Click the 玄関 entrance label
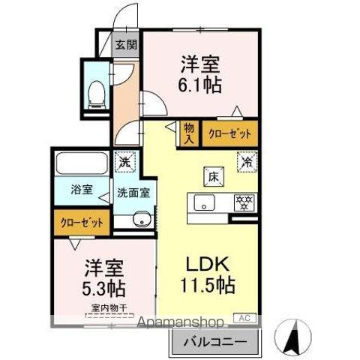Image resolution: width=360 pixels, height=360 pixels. (125, 44)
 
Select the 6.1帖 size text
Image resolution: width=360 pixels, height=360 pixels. (199, 85)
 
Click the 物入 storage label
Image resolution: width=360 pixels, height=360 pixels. (189, 133)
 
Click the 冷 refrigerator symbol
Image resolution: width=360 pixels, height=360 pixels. (245, 159)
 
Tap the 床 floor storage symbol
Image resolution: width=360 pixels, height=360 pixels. (212, 177)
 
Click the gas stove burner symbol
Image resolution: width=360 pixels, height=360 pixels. (242, 202)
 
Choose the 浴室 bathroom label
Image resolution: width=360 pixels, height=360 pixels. (82, 189)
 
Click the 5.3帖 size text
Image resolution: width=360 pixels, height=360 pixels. (103, 287)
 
